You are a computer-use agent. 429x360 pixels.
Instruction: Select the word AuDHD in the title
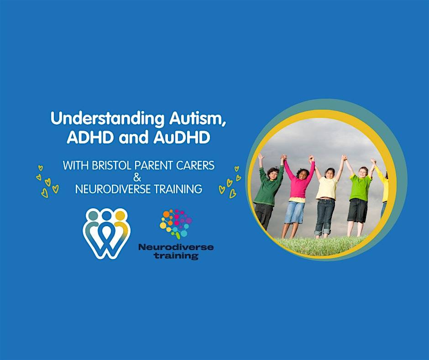coord(182,137)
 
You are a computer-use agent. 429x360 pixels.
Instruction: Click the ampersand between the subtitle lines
coord(137,178)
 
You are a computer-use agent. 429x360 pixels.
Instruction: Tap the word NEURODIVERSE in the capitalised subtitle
coord(113,189)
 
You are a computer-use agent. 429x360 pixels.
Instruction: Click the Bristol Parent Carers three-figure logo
coord(107,233)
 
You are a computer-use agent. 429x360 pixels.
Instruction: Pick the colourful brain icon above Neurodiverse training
coord(176,223)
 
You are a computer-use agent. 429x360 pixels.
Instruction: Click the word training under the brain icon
coord(176,256)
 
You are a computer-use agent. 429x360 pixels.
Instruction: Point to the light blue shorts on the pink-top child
coord(294,212)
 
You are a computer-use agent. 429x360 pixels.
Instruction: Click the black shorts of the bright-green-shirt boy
coord(357,210)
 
